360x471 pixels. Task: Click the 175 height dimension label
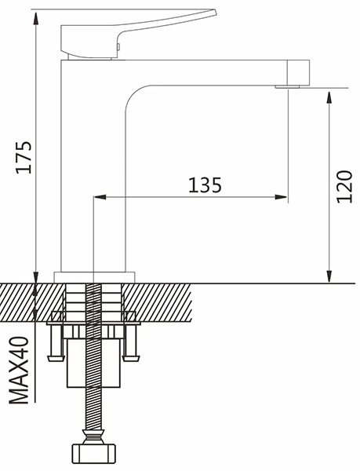24,157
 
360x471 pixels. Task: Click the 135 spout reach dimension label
205,184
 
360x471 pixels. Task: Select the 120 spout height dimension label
344,187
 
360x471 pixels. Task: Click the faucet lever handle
132,33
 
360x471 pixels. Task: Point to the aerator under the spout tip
287,87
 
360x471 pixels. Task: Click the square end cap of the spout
299,72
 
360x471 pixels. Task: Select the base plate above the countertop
94,277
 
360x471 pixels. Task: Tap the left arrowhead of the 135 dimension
100,197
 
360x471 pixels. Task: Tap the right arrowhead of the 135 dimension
281,197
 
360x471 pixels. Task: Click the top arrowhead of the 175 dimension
36,18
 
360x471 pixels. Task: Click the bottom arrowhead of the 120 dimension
329,276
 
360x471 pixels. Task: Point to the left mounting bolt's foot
56,358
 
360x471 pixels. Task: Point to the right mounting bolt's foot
131,358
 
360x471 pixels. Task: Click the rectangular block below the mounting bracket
93,363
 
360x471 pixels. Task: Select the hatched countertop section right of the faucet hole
157,302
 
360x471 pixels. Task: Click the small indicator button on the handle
118,46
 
